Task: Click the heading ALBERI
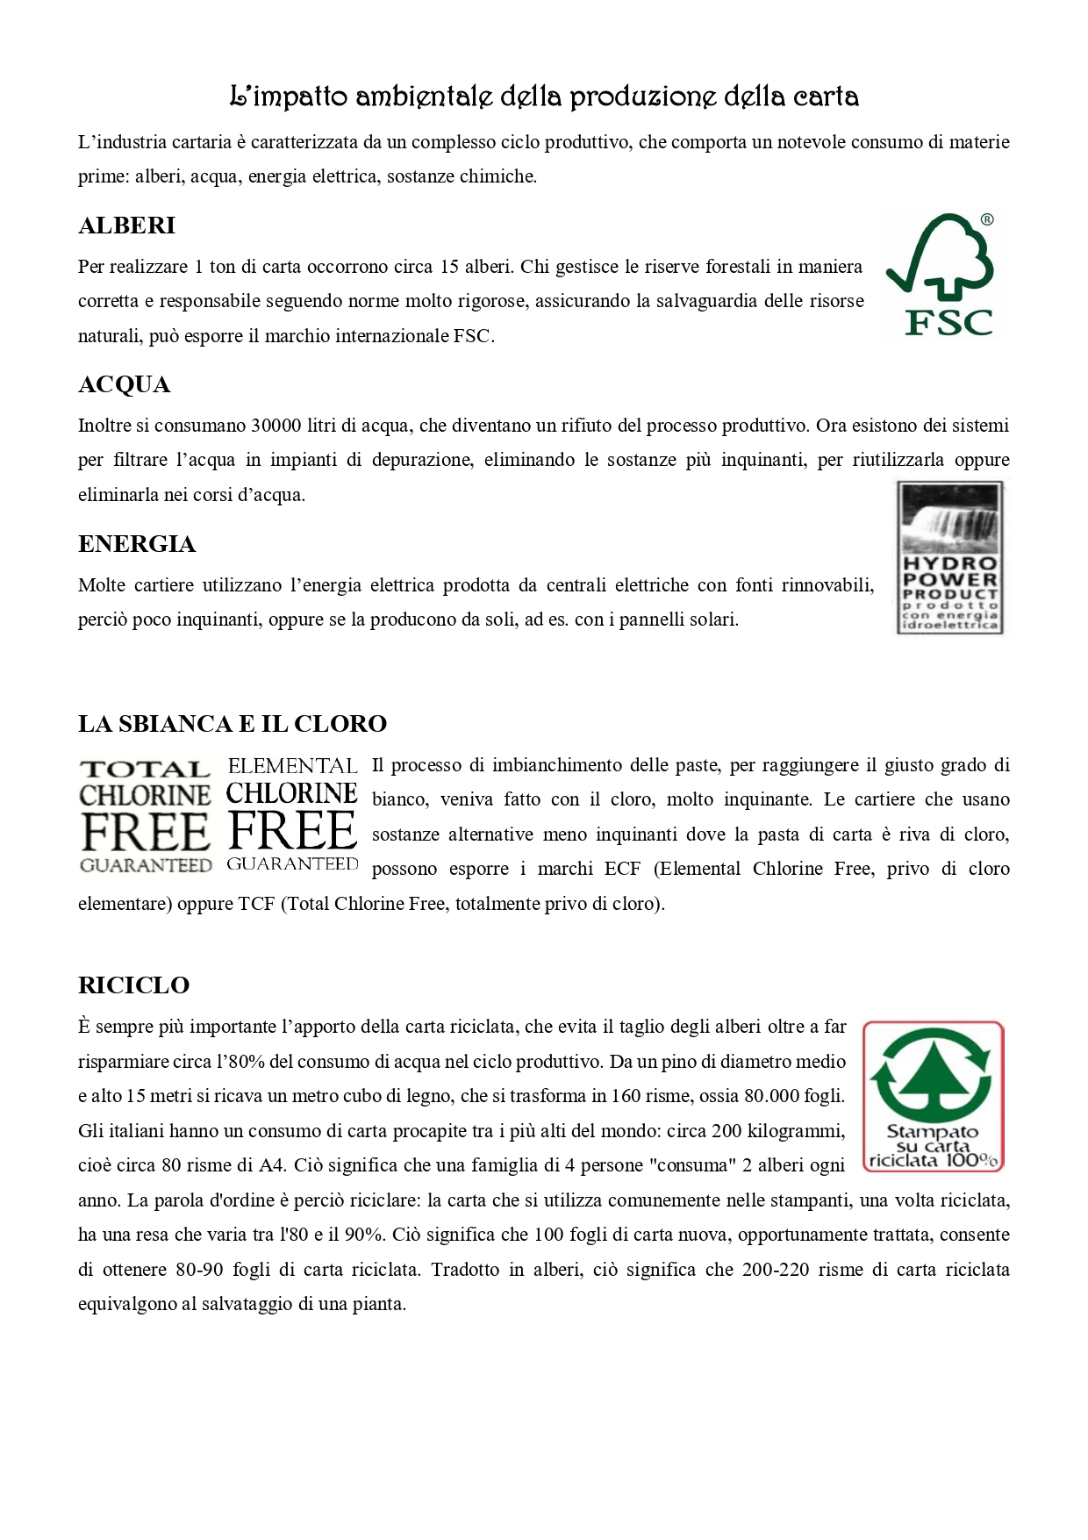click(x=127, y=226)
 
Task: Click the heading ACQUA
click(x=125, y=385)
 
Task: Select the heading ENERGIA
click(x=137, y=545)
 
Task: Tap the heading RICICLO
click(x=134, y=985)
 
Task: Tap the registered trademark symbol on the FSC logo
click(x=987, y=220)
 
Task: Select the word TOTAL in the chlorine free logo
click(x=145, y=770)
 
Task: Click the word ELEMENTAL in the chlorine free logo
click(x=292, y=766)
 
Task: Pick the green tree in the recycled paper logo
click(x=933, y=1071)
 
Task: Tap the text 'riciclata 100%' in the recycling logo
click(x=933, y=1161)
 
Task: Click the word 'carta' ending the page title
click(x=825, y=96)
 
